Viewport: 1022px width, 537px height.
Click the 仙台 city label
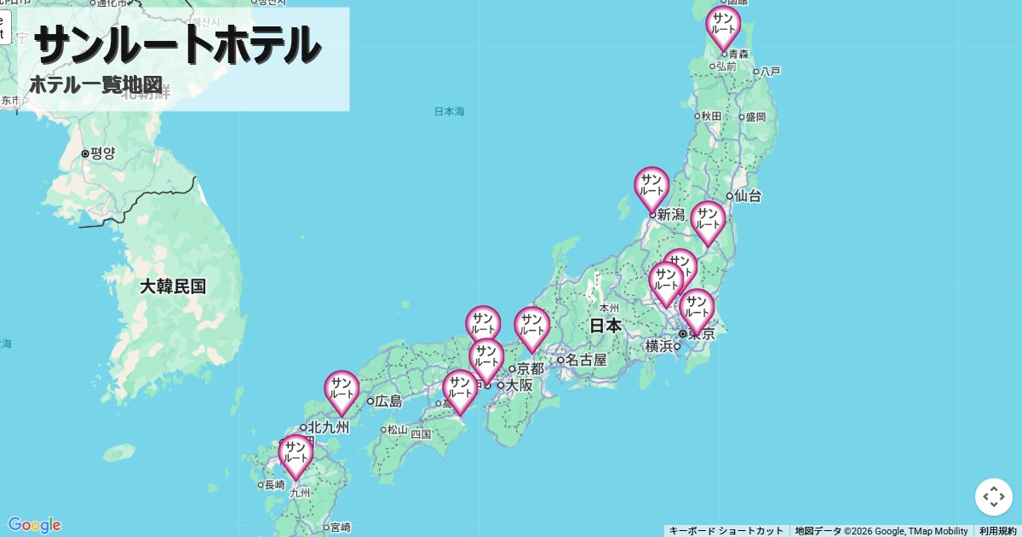point(748,196)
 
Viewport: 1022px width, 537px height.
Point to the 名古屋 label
point(587,360)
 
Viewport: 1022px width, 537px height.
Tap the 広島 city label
point(388,401)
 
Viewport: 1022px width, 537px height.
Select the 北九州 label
point(329,427)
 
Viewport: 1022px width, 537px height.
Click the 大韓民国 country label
point(173,286)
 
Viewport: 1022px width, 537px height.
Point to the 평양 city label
point(102,153)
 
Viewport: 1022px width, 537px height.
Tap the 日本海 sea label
point(449,112)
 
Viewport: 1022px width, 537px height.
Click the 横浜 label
point(659,346)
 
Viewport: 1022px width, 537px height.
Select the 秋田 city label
point(711,116)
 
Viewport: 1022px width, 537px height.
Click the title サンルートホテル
point(177,44)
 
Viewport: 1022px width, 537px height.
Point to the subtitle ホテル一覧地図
point(95,85)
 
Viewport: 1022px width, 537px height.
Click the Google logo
point(34,525)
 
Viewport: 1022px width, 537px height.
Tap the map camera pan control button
point(993,497)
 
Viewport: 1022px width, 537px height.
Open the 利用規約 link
point(997,531)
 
